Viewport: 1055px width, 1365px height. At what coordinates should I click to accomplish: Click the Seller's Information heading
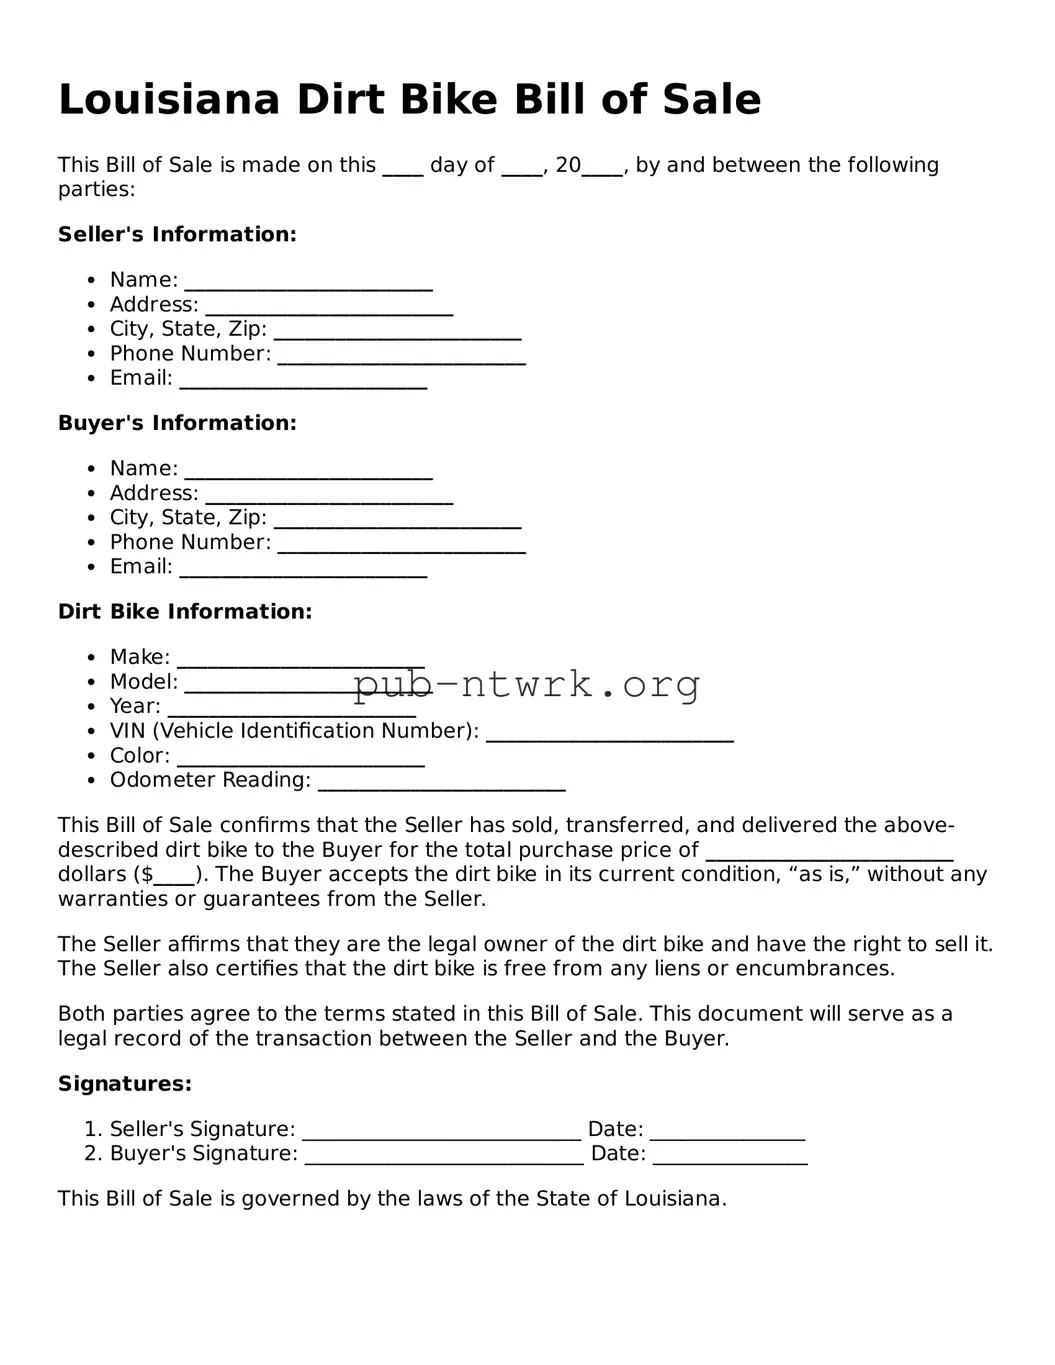[x=177, y=234]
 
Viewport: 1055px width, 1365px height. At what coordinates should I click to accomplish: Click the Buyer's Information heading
[x=177, y=423]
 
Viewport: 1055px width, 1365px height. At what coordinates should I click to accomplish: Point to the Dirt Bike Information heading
[x=185, y=612]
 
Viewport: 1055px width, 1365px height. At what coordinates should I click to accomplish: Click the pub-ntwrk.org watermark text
[x=527, y=685]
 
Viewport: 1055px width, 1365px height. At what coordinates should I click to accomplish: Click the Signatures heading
[x=125, y=1084]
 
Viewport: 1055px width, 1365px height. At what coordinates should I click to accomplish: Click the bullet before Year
[x=91, y=707]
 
